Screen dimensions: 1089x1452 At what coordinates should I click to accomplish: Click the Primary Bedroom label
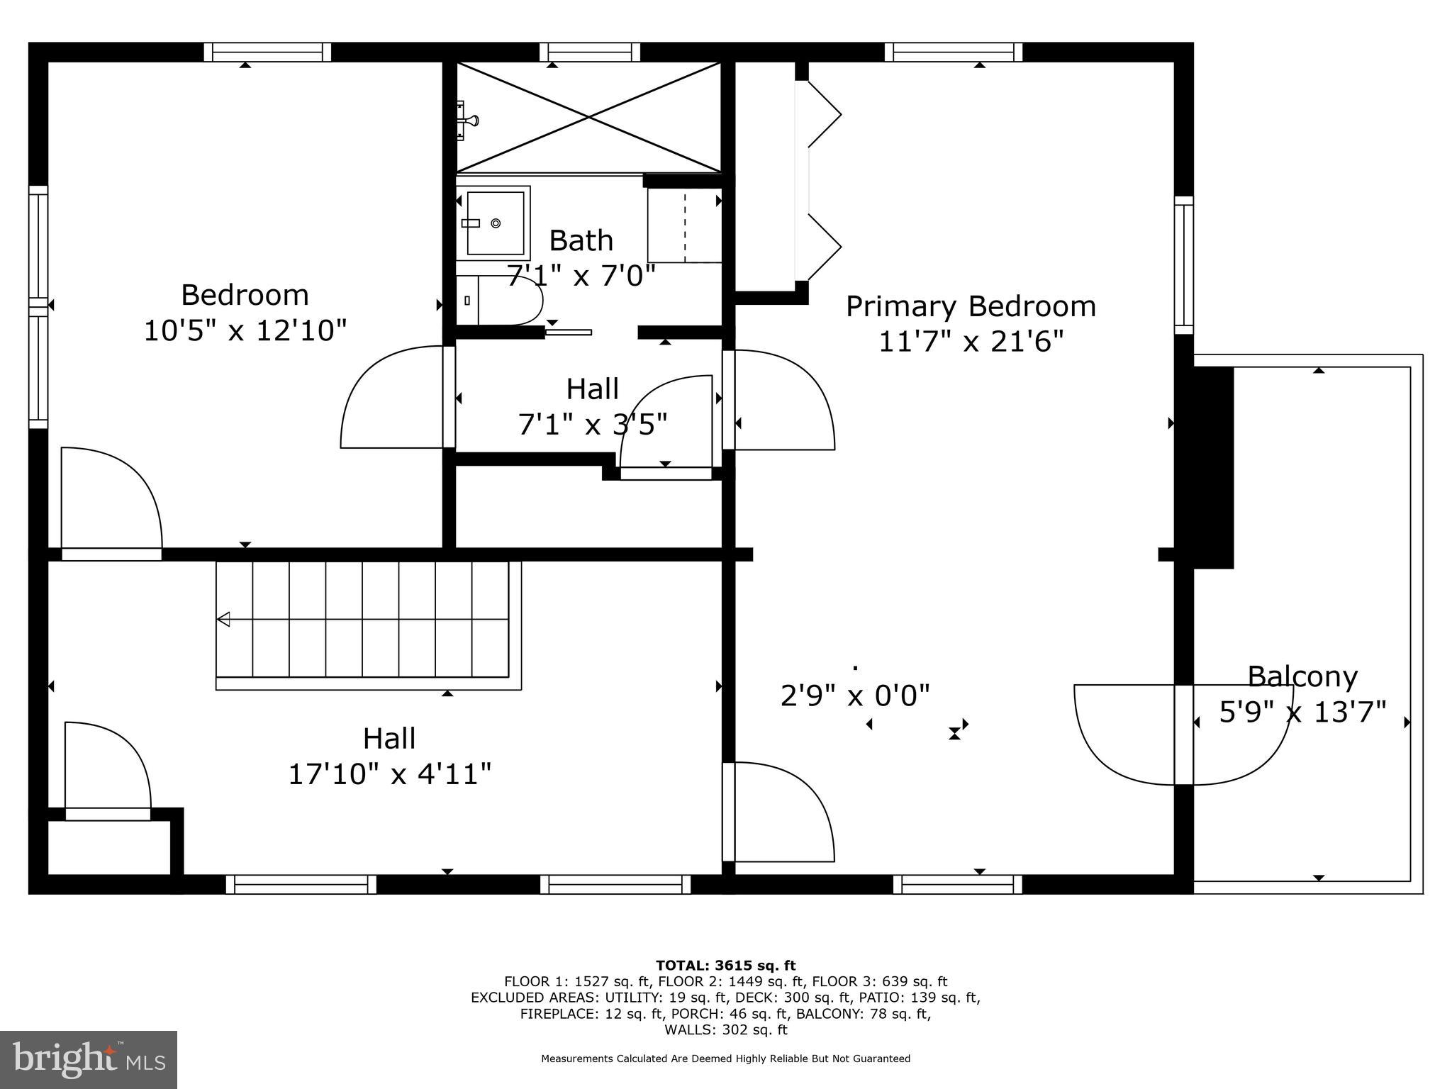point(971,307)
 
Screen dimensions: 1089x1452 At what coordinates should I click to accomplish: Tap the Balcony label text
point(1302,676)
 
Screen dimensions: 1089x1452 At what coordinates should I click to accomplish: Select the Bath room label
point(581,241)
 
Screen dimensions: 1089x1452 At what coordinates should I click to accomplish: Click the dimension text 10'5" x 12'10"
point(245,331)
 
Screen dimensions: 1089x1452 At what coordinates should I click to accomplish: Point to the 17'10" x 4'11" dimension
point(389,774)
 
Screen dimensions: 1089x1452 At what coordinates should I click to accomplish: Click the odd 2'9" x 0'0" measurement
point(854,696)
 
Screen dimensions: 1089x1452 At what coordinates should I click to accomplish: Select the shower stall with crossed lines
point(588,117)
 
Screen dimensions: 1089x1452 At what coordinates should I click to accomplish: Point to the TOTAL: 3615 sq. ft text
point(725,966)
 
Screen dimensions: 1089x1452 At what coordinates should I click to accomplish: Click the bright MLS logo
point(88,1059)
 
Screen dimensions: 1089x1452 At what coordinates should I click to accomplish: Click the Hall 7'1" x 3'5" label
point(593,407)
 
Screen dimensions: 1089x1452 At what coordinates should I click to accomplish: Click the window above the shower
point(589,52)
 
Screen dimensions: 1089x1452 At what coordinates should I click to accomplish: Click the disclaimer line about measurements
point(725,1059)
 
